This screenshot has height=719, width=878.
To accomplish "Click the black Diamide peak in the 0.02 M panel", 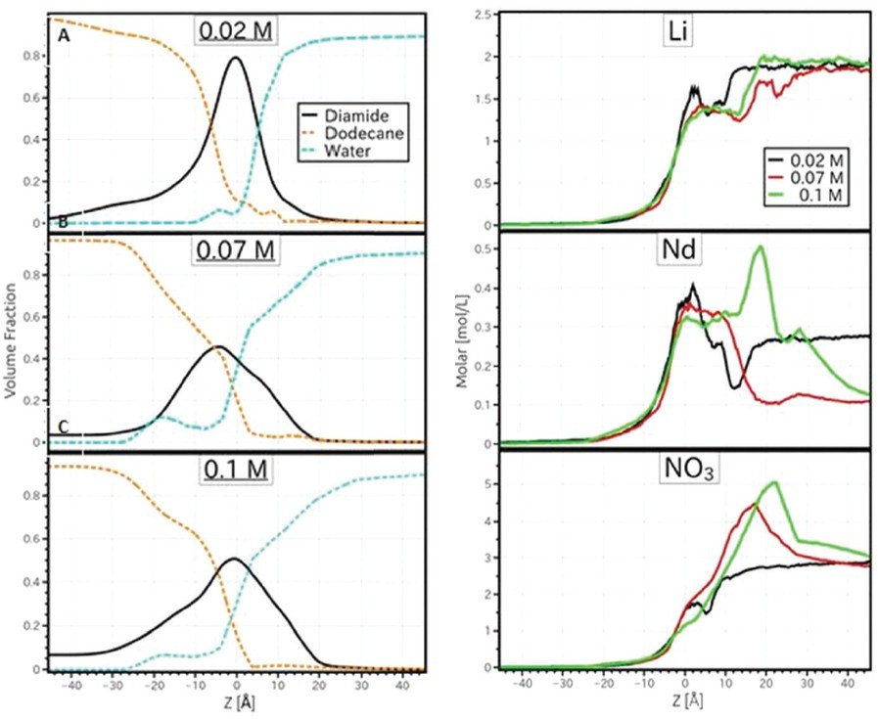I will coord(236,58).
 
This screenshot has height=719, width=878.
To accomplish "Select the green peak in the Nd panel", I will coord(760,247).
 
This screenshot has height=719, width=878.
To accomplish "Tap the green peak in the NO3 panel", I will coord(775,482).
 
